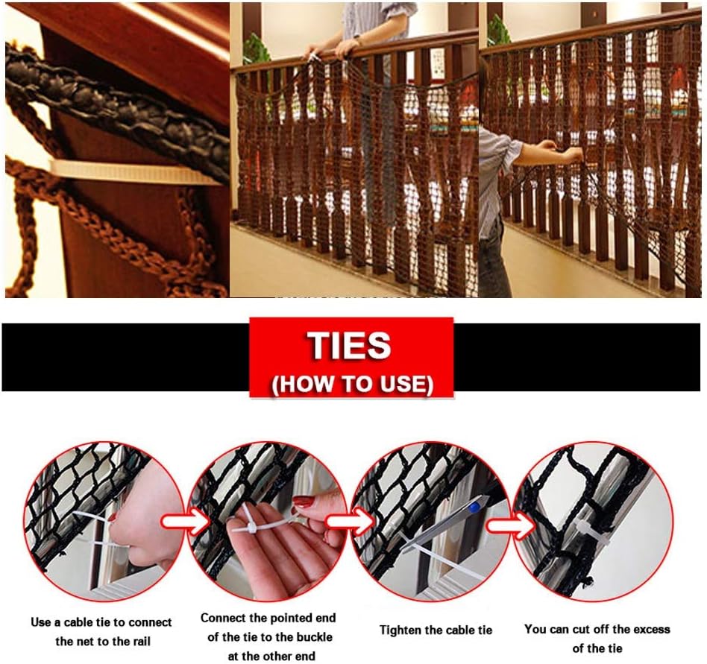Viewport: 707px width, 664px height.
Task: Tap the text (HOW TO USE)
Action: coord(351,384)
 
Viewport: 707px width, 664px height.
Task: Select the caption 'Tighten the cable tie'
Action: coord(436,630)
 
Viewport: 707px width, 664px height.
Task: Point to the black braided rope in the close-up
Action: coord(112,104)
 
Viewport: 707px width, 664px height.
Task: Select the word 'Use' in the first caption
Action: coord(41,622)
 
